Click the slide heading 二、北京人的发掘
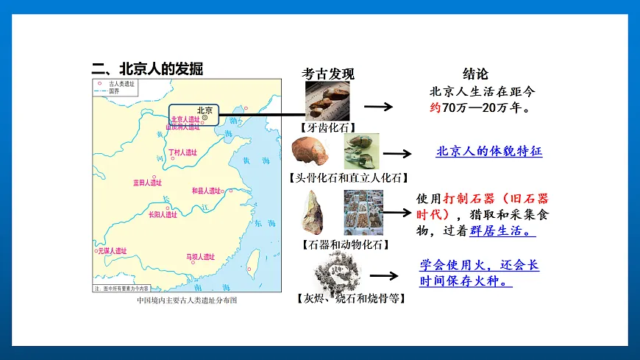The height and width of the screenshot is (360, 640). [x=147, y=69]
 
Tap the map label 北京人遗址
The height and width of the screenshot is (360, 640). [x=185, y=119]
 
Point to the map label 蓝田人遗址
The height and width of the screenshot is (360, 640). [x=147, y=182]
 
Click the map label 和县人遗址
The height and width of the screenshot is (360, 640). [x=206, y=191]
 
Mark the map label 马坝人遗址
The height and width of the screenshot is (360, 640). [x=200, y=257]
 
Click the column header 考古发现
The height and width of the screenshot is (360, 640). [x=328, y=74]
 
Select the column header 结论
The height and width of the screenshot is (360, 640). [x=474, y=74]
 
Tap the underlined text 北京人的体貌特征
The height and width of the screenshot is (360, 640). [x=488, y=152]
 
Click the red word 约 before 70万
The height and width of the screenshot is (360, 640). [x=434, y=107]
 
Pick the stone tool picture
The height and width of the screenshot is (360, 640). [x=315, y=211]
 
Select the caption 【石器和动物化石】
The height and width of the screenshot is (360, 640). [x=345, y=244]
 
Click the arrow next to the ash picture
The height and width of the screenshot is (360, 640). [x=384, y=275]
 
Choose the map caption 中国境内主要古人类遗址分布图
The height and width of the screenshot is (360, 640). [x=187, y=300]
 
